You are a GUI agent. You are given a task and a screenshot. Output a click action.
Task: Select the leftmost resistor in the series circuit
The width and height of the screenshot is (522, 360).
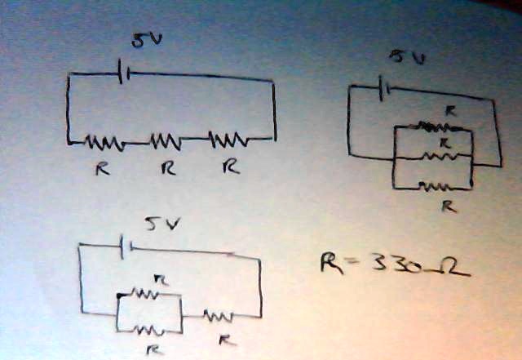point(104,143)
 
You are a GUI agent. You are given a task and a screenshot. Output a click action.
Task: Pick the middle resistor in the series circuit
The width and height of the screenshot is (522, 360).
point(166,141)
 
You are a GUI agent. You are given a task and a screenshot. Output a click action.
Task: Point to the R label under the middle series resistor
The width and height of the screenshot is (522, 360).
point(167,169)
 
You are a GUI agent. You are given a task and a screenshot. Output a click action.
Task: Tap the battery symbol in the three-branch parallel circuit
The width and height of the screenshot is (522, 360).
point(386,83)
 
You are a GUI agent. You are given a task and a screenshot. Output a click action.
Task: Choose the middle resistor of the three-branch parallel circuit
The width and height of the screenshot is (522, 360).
point(441,155)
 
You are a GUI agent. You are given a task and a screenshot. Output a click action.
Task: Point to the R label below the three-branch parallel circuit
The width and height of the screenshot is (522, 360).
point(448,207)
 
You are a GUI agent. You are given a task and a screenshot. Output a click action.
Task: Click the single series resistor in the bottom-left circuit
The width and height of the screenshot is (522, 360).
point(219,314)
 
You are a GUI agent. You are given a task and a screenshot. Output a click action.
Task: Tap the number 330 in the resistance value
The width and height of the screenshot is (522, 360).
point(390,263)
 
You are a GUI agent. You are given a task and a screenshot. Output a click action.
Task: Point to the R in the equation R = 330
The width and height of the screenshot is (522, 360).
point(331,262)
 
